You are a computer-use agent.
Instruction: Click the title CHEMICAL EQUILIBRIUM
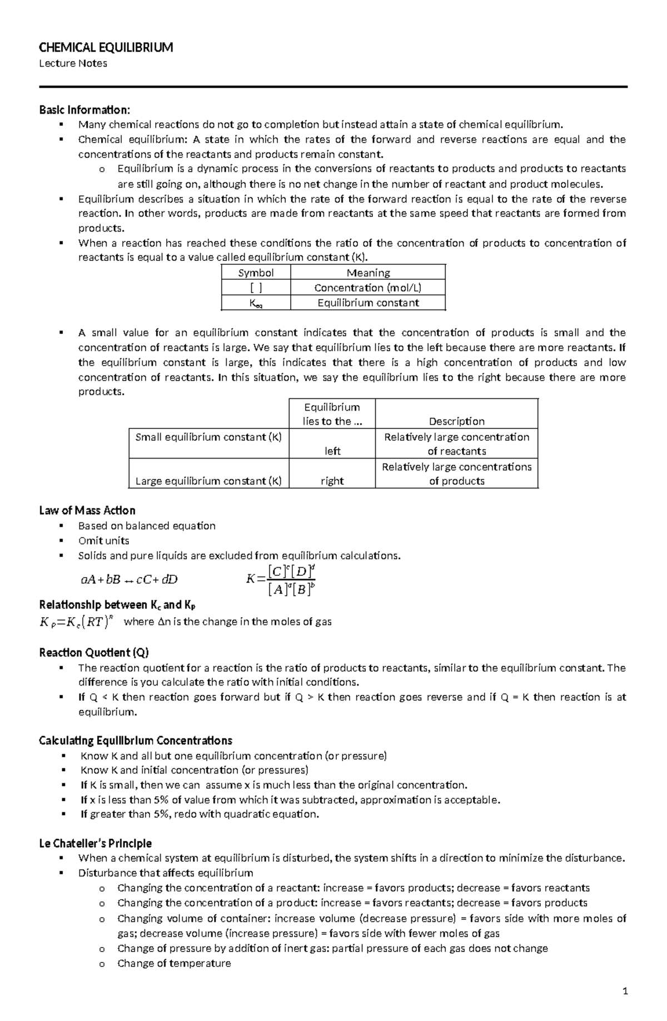pyautogui.click(x=106, y=48)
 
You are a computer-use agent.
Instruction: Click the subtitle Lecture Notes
pyautogui.click(x=73, y=63)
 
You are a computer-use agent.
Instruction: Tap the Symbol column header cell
pyautogui.click(x=256, y=273)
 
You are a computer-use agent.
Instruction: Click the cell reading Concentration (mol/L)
pyautogui.click(x=367, y=288)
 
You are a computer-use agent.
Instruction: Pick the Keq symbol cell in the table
pyautogui.click(x=256, y=303)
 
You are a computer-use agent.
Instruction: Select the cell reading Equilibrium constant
pyautogui.click(x=367, y=303)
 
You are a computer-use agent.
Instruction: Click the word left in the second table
pyautogui.click(x=332, y=451)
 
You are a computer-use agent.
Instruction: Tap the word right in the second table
pyautogui.click(x=332, y=481)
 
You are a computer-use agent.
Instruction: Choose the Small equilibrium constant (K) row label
pyautogui.click(x=208, y=437)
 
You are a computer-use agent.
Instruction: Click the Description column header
pyautogui.click(x=456, y=421)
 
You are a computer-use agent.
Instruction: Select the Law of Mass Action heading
pyautogui.click(x=87, y=511)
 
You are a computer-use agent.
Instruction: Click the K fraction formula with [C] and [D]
pyautogui.click(x=281, y=580)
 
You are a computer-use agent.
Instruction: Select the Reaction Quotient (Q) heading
pyautogui.click(x=94, y=653)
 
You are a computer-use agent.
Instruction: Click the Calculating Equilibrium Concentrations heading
pyautogui.click(x=136, y=741)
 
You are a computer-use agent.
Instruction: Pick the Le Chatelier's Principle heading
pyautogui.click(x=96, y=844)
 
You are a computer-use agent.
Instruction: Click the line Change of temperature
pyautogui.click(x=174, y=964)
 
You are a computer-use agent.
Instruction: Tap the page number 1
pyautogui.click(x=625, y=992)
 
